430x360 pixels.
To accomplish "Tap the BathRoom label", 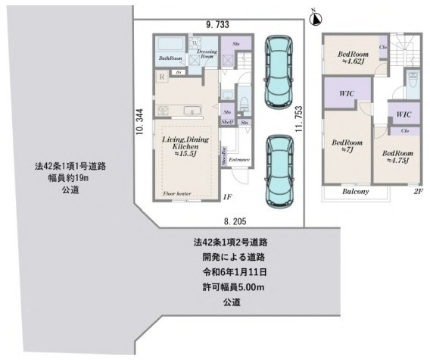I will coord(169,58).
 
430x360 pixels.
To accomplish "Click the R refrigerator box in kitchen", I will coord(161,77).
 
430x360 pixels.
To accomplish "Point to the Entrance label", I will coord(241,161).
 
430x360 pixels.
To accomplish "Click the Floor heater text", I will coord(176,195).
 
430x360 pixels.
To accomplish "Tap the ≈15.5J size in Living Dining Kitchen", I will coord(185,154).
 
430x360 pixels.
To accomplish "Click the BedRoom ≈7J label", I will coord(347,146).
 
